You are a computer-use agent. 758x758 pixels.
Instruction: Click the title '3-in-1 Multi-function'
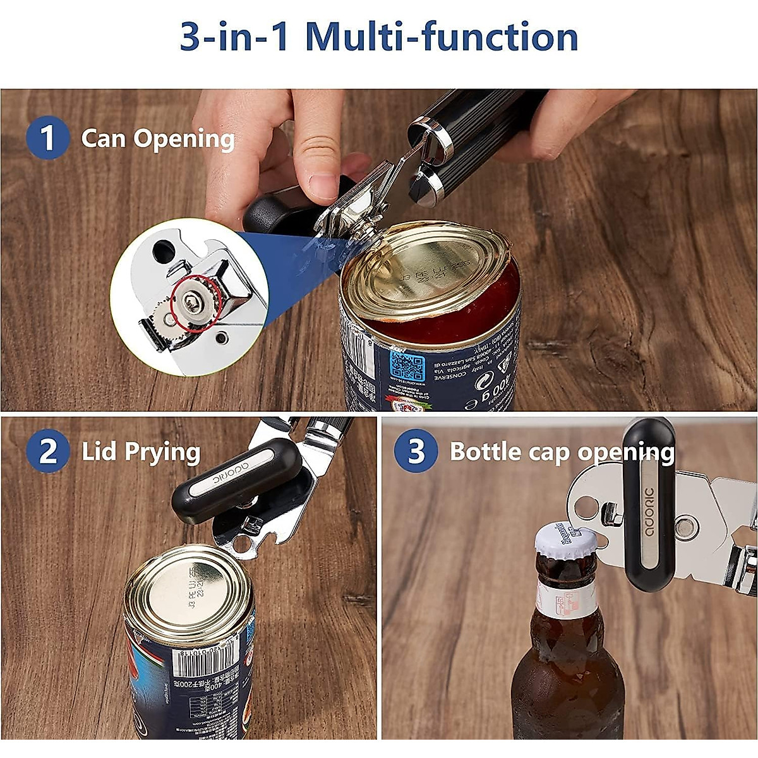point(379,37)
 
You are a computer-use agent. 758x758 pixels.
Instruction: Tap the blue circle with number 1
point(47,138)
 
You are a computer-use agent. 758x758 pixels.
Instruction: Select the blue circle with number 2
point(47,451)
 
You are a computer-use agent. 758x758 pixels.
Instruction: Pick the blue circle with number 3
point(416,451)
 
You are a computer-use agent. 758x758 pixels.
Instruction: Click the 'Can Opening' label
point(158,139)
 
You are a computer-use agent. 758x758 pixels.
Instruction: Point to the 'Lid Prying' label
point(141,452)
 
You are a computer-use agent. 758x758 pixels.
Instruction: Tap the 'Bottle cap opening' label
point(562,452)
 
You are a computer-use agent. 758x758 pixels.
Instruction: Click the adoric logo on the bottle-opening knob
point(650,512)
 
